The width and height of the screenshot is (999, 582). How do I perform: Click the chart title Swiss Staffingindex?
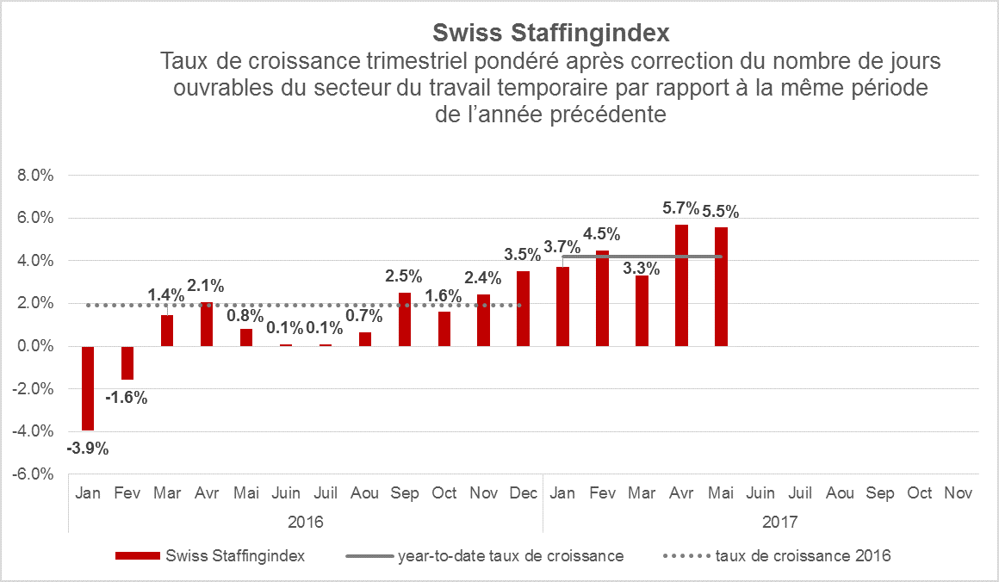pos(550,33)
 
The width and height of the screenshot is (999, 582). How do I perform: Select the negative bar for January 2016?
pos(88,387)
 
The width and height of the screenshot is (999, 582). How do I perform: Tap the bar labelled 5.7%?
pos(681,285)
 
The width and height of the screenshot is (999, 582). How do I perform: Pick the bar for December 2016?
pos(523,308)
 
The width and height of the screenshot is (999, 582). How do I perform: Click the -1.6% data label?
pos(127,398)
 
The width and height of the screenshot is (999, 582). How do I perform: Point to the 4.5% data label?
pos(602,233)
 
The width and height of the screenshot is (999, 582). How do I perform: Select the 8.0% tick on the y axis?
pos(35,176)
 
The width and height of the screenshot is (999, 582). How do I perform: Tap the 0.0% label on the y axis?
pos(35,346)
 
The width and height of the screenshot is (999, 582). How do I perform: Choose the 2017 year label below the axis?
pos(779,522)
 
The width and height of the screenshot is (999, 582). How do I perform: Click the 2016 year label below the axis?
pos(305,522)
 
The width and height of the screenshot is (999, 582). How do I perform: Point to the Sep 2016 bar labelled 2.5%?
pos(404,319)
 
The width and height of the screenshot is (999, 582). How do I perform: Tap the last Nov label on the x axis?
pos(959,493)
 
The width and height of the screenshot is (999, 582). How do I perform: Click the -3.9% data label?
pos(88,448)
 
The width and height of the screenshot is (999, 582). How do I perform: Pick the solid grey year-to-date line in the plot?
pos(642,257)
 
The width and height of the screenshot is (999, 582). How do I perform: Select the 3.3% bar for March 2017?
pos(642,310)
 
